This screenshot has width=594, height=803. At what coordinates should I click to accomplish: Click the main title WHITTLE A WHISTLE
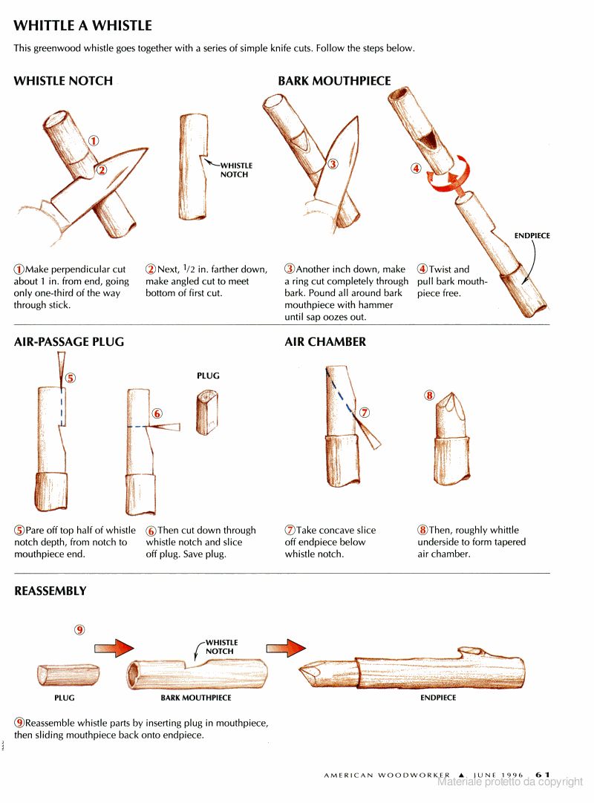pyautogui.click(x=82, y=26)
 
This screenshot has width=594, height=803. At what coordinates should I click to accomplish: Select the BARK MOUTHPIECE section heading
pyautogui.click(x=334, y=81)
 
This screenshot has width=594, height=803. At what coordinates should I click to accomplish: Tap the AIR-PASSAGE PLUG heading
pyautogui.click(x=68, y=342)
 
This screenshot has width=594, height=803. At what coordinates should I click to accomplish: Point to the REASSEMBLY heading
pyautogui.click(x=50, y=591)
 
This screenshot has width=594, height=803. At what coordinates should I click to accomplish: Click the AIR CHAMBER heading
pyautogui.click(x=325, y=342)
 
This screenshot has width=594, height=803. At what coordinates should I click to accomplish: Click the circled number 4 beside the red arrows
pyautogui.click(x=416, y=168)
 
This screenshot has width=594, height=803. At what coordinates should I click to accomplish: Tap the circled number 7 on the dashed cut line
pyautogui.click(x=365, y=412)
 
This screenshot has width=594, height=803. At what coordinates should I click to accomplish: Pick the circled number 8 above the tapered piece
pyautogui.click(x=429, y=395)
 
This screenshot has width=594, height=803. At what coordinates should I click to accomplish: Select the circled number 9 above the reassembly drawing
pyautogui.click(x=80, y=629)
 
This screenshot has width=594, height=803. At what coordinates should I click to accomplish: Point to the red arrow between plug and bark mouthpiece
pyautogui.click(x=114, y=648)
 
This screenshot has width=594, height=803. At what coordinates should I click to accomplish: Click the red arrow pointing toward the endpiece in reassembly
pyautogui.click(x=285, y=648)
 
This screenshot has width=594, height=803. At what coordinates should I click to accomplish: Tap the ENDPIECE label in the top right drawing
pyautogui.click(x=532, y=235)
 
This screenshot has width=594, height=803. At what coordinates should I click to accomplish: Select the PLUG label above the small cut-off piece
pyautogui.click(x=208, y=376)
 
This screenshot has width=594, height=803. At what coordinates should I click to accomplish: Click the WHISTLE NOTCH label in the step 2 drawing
pyautogui.click(x=236, y=170)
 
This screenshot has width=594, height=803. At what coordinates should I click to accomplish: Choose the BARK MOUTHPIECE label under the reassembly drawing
pyautogui.click(x=196, y=698)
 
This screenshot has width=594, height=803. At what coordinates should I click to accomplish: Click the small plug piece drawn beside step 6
pyautogui.click(x=207, y=412)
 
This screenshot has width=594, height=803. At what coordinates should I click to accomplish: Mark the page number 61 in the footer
pyautogui.click(x=543, y=775)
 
